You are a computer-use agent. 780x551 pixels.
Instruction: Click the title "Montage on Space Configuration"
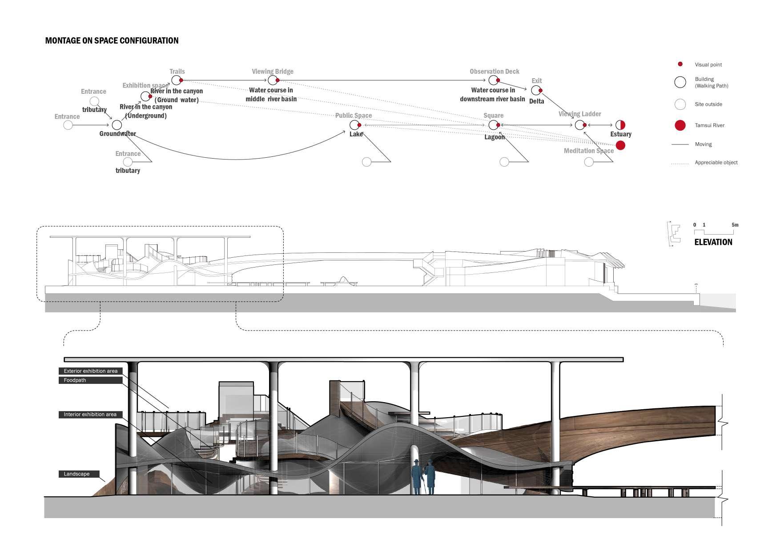coord(112,40)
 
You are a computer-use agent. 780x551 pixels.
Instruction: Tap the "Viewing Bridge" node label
coord(272,72)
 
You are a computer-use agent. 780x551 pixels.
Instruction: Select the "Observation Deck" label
coord(494,72)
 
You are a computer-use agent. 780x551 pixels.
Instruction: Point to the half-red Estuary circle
coord(620,125)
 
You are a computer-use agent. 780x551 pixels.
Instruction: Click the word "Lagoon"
coord(495,137)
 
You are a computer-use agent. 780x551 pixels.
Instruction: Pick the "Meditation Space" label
coord(588,151)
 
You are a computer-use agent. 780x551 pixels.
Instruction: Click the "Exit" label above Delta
coord(536,81)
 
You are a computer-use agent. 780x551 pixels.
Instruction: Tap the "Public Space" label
coord(353,116)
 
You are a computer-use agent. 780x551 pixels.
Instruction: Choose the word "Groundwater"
coord(117,134)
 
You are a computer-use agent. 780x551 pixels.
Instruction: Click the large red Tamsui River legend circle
coord(680,125)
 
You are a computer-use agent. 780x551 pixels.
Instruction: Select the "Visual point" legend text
coord(708,65)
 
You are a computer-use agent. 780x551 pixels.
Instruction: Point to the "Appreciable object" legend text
coord(716,163)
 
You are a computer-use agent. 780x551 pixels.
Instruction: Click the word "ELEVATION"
coord(713,242)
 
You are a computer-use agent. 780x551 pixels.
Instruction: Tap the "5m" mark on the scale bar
coord(735,225)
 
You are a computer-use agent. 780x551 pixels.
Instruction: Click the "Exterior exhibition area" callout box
coord(91,371)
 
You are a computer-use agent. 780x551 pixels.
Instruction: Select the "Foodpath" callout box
coord(91,380)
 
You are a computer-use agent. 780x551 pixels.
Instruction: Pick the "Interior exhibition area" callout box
coord(90,415)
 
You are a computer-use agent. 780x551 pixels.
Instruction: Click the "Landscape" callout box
coord(79,474)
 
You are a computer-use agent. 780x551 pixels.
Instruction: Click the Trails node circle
coord(176,80)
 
